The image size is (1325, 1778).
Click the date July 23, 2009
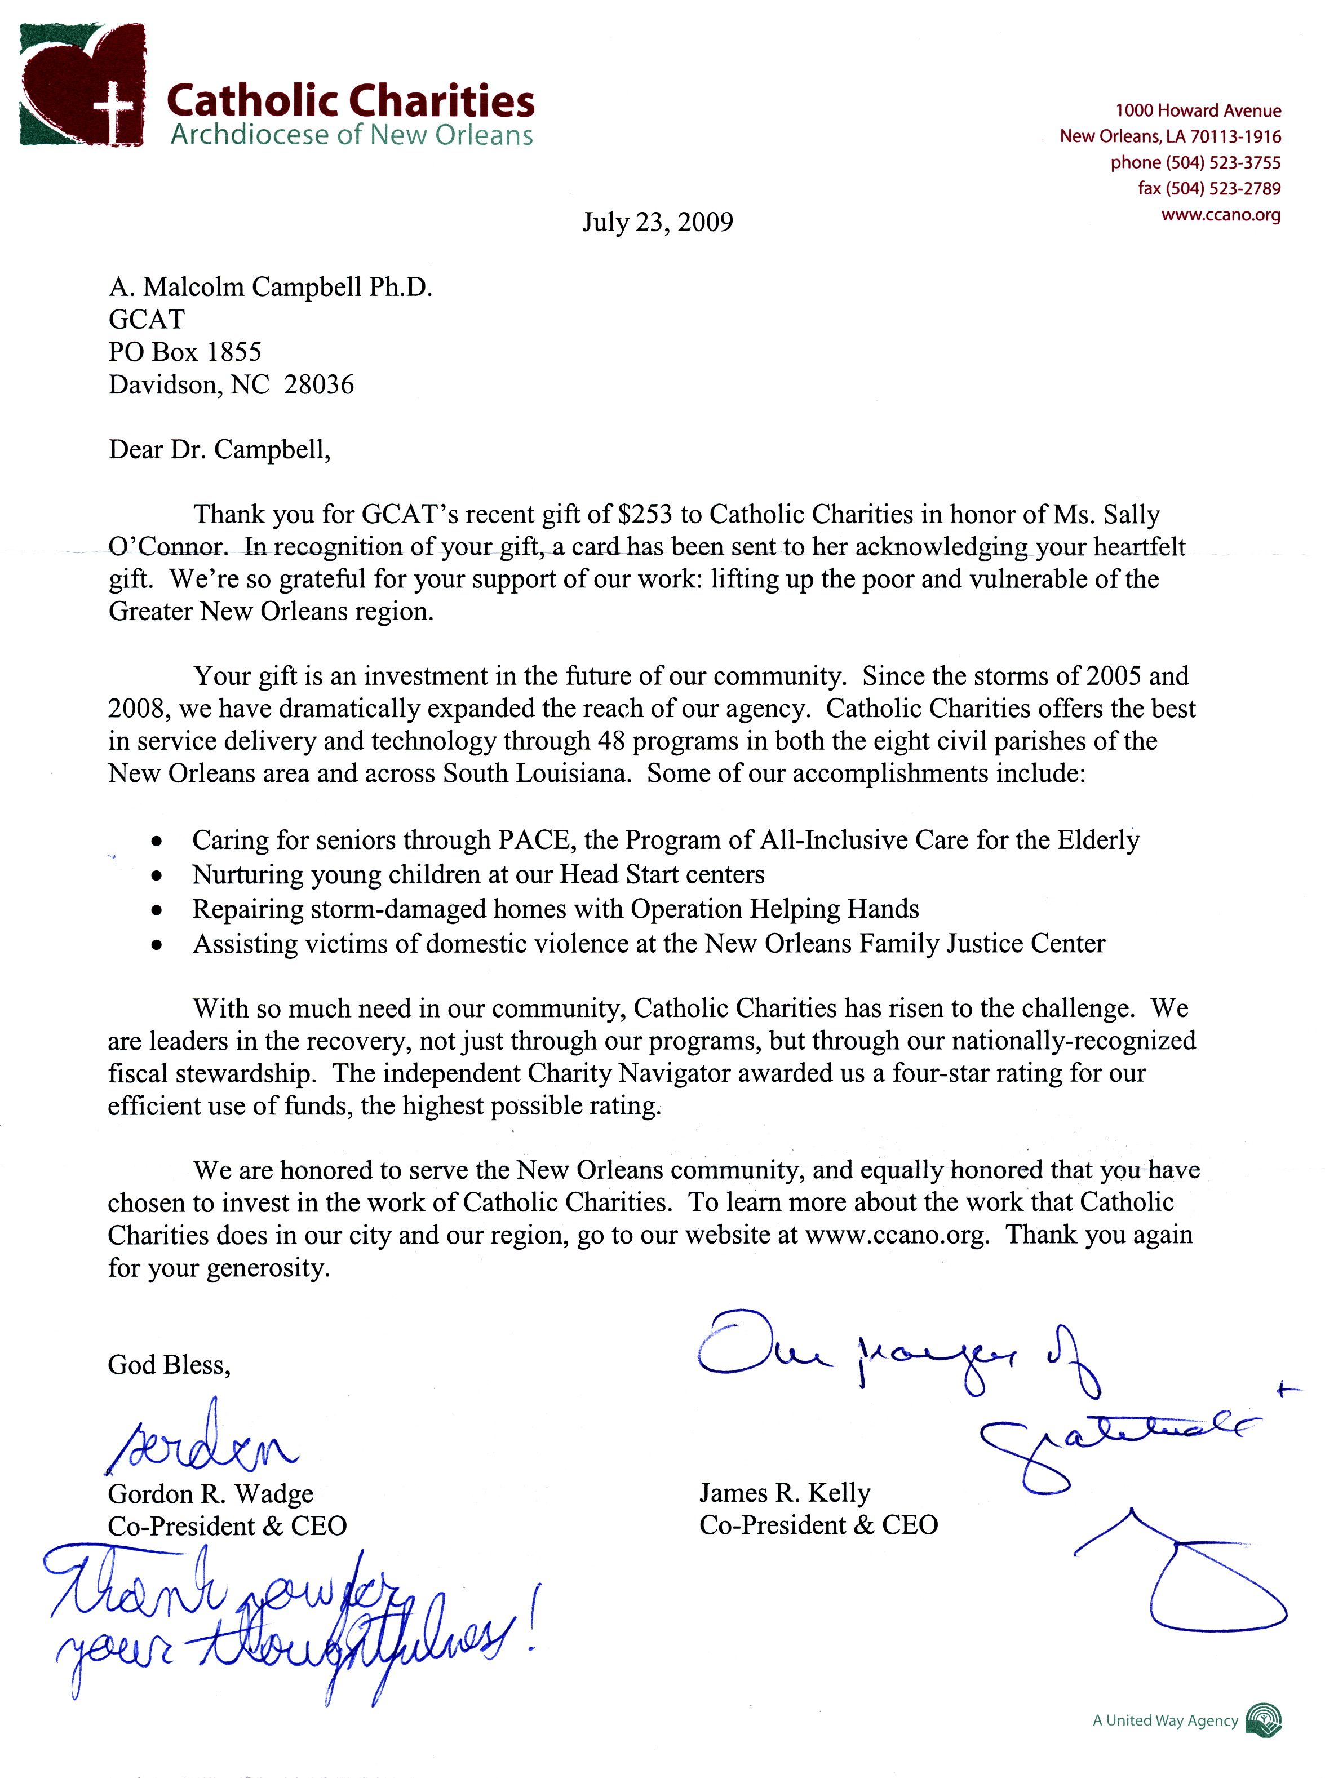tap(657, 222)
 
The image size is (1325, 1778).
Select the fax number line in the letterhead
tap(1209, 188)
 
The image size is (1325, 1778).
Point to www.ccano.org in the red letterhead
tap(1221, 215)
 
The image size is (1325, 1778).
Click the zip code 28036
tap(318, 385)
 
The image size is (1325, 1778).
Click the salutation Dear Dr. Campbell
tap(219, 449)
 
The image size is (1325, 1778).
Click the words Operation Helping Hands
tap(774, 909)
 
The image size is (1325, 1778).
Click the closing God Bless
tap(169, 1365)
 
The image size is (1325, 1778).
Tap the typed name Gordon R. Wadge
tap(210, 1494)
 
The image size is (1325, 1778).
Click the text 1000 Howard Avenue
tap(1198, 110)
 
